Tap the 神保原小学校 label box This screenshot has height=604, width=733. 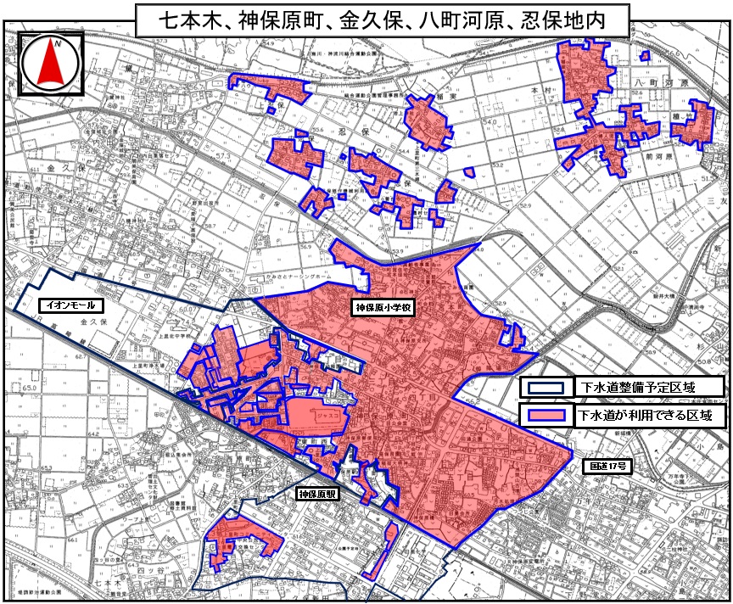pos(382,310)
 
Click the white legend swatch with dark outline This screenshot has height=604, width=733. pos(544,387)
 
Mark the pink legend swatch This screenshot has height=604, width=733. pos(544,416)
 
